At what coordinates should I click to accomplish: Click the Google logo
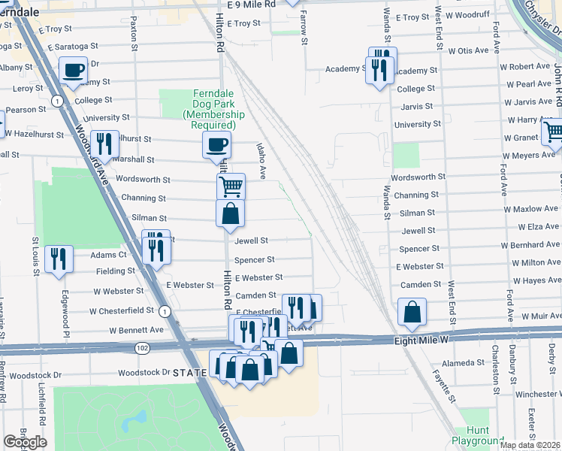[x=25, y=442]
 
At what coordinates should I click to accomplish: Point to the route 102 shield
[x=142, y=348]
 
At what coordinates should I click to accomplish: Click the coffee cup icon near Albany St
[x=74, y=71]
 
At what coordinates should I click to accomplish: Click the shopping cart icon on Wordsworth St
[x=231, y=184]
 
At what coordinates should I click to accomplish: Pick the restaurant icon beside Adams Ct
[x=59, y=259]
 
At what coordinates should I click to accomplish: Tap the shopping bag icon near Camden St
[x=412, y=311]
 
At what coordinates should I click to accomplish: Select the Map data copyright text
[x=530, y=445]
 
